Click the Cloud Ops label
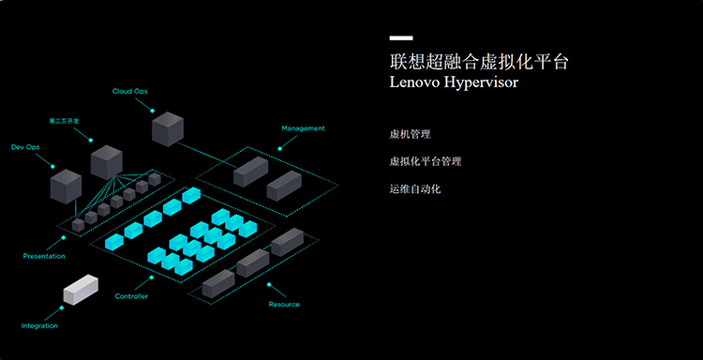pyautogui.click(x=129, y=92)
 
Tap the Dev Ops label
pyautogui.click(x=25, y=147)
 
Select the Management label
pyautogui.click(x=303, y=128)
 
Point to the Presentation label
pyautogui.click(x=44, y=257)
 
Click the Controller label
pyautogui.click(x=131, y=296)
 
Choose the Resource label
pyautogui.click(x=284, y=305)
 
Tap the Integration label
pyautogui.click(x=39, y=326)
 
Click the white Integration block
pyautogui.click(x=81, y=290)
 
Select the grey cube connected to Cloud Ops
pyautogui.click(x=168, y=129)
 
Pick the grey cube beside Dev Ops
pyautogui.click(x=66, y=187)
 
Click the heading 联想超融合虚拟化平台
pyautogui.click(x=479, y=62)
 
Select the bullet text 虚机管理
pyautogui.click(x=410, y=134)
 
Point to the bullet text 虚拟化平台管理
pyautogui.click(x=425, y=161)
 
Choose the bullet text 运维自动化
pyautogui.click(x=415, y=188)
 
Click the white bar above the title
pyautogui.click(x=401, y=38)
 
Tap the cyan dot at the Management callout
pyautogui.click(x=279, y=148)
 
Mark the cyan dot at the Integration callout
pyautogui.click(x=62, y=308)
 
